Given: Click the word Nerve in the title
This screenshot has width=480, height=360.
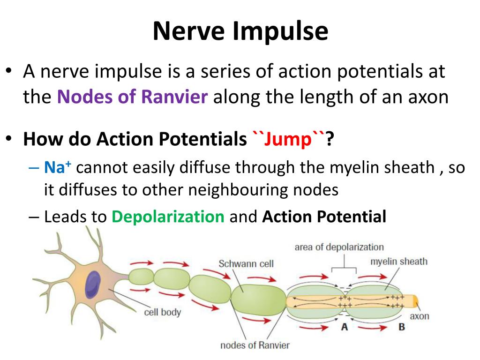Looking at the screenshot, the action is (x=188, y=31).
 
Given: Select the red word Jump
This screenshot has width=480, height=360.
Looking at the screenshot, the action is (x=288, y=140).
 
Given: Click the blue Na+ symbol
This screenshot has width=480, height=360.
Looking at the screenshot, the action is (x=58, y=167).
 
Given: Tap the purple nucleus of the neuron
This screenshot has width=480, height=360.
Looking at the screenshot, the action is (x=92, y=285).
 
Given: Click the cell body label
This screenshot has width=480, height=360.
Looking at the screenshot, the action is (x=163, y=312).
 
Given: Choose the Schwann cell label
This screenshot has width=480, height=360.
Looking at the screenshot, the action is (x=246, y=263).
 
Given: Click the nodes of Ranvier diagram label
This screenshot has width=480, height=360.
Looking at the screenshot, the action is (x=255, y=345).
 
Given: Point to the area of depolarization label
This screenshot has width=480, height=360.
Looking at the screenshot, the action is (x=339, y=247).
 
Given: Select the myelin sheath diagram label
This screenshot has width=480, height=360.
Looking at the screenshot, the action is (x=399, y=262).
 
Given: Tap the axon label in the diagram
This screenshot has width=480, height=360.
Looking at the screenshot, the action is (x=420, y=316).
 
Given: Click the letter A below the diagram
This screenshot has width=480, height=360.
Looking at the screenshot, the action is (x=345, y=327).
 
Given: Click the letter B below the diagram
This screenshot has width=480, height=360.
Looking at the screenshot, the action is (x=402, y=327).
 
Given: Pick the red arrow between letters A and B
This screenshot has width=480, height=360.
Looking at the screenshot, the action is (x=372, y=328).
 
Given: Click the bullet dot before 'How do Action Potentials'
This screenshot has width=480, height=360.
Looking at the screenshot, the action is (x=9, y=138).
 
